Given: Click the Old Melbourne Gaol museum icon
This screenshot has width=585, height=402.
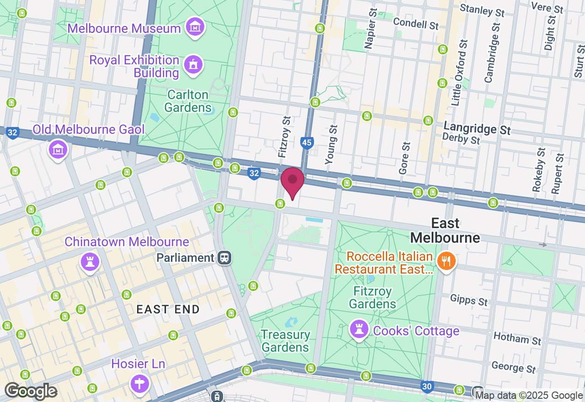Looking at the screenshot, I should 58,149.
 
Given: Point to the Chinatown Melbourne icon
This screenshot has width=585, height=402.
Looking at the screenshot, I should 90,262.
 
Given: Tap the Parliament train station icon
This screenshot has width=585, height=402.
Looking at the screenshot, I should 224,258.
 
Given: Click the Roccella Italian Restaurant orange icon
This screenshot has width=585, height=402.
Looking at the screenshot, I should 444,261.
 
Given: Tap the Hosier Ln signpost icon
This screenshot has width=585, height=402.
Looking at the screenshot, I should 139,383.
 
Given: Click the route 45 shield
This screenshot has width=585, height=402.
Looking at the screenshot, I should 307,143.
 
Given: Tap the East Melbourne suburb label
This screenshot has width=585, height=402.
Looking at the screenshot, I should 445,230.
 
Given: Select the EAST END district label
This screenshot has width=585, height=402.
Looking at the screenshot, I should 168,309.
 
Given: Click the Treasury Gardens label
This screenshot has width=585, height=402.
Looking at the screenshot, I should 286,341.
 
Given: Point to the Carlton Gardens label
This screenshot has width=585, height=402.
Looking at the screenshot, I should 188,101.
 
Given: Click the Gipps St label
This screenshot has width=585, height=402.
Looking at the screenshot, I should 469,300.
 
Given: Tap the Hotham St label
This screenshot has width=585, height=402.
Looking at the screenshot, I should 517,339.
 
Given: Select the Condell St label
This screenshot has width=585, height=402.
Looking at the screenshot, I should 415,22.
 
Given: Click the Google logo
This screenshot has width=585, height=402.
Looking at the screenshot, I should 31,391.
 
